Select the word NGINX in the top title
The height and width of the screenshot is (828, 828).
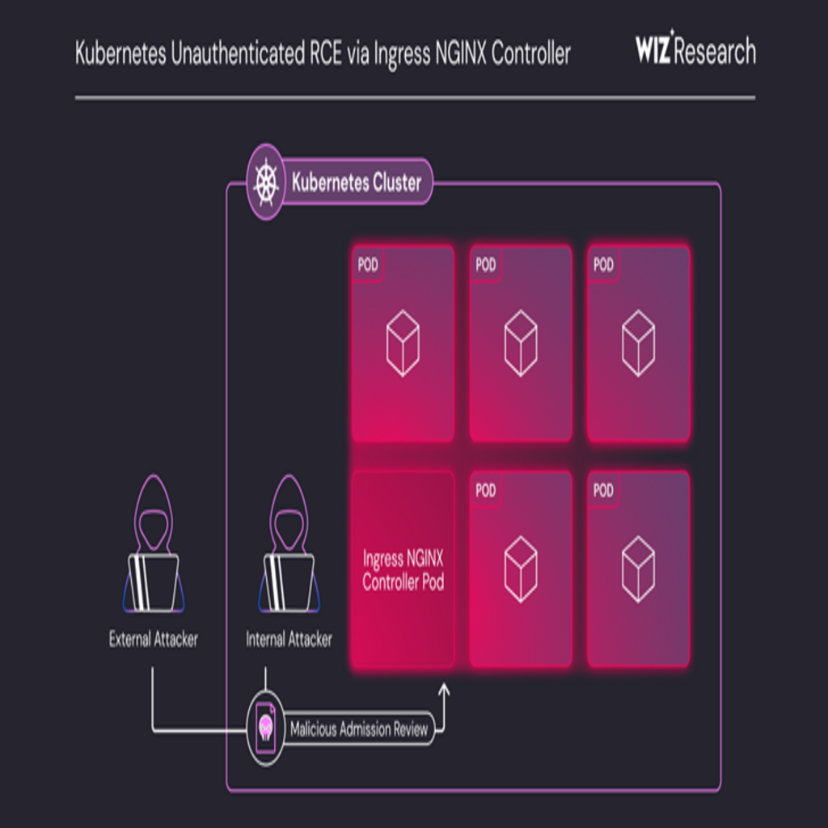[x=455, y=53]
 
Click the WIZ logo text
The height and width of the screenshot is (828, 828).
[x=653, y=52]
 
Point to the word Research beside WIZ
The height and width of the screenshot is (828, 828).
[x=716, y=53]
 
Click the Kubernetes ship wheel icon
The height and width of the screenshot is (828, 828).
[x=265, y=182]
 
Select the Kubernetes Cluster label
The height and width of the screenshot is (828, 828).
[x=357, y=183]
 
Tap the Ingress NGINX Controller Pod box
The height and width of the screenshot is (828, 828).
[x=403, y=570]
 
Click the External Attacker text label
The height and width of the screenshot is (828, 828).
[x=154, y=640]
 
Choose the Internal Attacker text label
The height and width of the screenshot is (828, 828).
[x=289, y=640]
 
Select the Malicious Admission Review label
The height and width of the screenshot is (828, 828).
[x=359, y=729]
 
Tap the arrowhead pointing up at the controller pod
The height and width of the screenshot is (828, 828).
[x=443, y=691]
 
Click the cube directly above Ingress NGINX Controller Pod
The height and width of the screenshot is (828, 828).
[x=403, y=344]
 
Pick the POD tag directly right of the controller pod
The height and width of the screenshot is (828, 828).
[x=486, y=491]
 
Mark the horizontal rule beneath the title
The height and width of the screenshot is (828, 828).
[x=415, y=98]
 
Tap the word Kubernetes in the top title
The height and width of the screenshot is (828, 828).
[x=120, y=53]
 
